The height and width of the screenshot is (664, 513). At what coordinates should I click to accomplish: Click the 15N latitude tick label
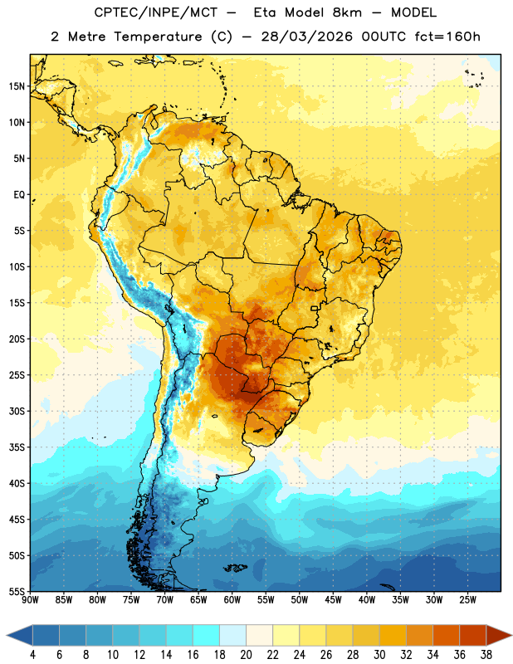pyautogui.click(x=17, y=86)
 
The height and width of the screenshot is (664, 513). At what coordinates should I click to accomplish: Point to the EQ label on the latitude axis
pyautogui.click(x=19, y=195)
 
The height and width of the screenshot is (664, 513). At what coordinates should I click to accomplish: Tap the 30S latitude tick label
pyautogui.click(x=17, y=411)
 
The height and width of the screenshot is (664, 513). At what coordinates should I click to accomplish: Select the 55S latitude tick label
pyautogui.click(x=17, y=592)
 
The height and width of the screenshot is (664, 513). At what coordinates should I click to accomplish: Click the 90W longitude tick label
pyautogui.click(x=30, y=599)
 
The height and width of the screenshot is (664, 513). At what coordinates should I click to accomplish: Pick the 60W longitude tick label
pyautogui.click(x=232, y=599)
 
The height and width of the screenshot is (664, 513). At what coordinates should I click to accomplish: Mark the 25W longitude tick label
pyautogui.click(x=467, y=599)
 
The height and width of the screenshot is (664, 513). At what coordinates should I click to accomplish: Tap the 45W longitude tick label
pyautogui.click(x=333, y=599)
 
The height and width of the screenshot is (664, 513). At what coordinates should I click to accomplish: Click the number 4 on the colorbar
pyautogui.click(x=32, y=655)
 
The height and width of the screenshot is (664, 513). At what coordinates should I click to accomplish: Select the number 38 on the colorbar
pyautogui.click(x=486, y=655)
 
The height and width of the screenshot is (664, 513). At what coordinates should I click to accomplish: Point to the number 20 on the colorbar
pyautogui.click(x=246, y=655)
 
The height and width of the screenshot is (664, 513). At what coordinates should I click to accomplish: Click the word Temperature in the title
pyautogui.click(x=158, y=37)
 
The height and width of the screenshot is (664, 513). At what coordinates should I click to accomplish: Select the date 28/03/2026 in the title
pyautogui.click(x=306, y=37)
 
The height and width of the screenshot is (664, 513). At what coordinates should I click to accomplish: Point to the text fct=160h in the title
pyautogui.click(x=447, y=37)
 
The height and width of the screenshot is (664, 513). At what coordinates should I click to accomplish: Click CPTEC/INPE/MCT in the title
pyautogui.click(x=156, y=12)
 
